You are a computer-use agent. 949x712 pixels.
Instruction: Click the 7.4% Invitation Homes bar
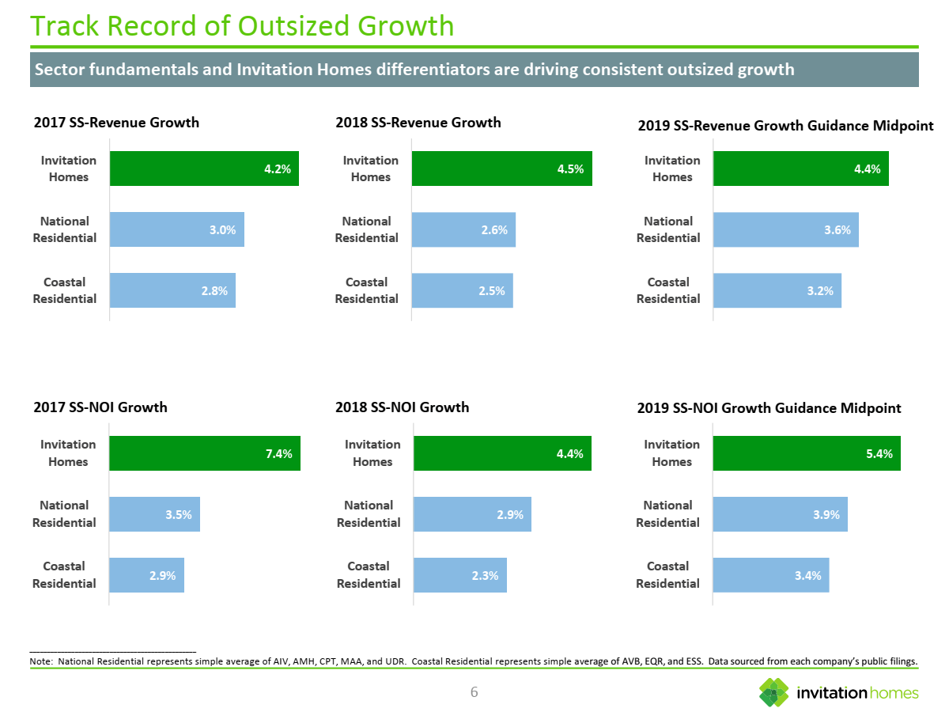pyautogui.click(x=204, y=453)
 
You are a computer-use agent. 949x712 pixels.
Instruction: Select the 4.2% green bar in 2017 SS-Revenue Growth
pyautogui.click(x=203, y=169)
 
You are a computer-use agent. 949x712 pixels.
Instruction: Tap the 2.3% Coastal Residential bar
pyautogui.click(x=459, y=575)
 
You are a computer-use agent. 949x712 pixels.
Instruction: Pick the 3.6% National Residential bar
pyautogui.click(x=785, y=229)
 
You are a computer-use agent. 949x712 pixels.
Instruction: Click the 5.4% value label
pyautogui.click(x=879, y=454)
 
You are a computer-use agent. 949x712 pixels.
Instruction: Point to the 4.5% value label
pyautogui.click(x=570, y=169)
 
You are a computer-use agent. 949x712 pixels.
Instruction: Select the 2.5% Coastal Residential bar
pyautogui.click(x=462, y=290)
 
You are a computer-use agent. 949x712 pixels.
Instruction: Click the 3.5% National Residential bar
pyautogui.click(x=154, y=514)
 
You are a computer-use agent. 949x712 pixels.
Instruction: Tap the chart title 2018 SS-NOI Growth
pyautogui.click(x=402, y=407)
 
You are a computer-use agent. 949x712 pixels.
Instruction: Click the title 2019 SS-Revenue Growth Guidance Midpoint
pyautogui.click(x=785, y=126)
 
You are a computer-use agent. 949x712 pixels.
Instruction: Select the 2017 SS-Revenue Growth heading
pyautogui.click(x=116, y=123)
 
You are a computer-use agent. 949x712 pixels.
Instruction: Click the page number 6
pyautogui.click(x=474, y=693)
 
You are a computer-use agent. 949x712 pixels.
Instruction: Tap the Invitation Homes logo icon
pyautogui.click(x=773, y=692)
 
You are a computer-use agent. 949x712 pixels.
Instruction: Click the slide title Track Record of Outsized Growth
pyautogui.click(x=242, y=26)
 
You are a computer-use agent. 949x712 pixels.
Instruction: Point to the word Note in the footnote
pyautogui.click(x=40, y=661)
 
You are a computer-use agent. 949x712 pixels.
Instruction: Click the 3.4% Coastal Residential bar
pyautogui.click(x=770, y=575)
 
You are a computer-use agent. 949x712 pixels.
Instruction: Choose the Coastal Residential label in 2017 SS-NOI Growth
pyautogui.click(x=64, y=575)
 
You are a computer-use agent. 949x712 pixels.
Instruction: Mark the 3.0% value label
pyautogui.click(x=222, y=230)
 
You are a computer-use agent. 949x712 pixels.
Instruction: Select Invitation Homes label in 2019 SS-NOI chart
pyautogui.click(x=671, y=453)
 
